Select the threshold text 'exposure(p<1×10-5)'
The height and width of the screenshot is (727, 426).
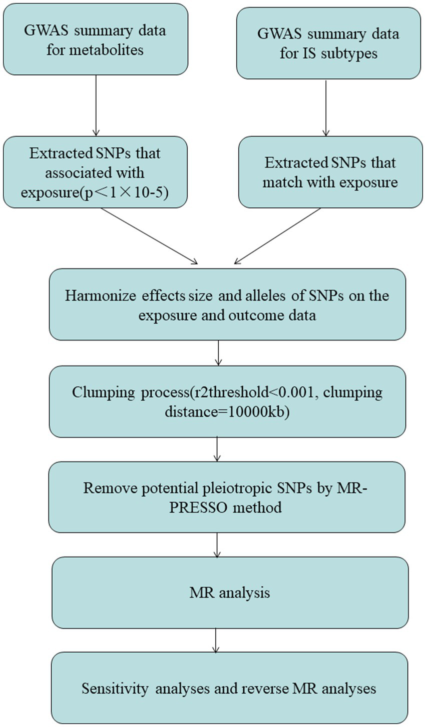click(95, 192)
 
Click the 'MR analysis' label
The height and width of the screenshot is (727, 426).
click(230, 593)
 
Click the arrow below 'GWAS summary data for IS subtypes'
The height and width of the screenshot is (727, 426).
click(326, 107)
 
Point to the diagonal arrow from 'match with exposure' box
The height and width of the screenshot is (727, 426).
click(277, 235)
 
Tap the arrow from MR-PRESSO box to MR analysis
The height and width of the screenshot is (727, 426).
click(217, 544)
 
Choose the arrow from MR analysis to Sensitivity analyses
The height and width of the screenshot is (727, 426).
click(216, 640)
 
